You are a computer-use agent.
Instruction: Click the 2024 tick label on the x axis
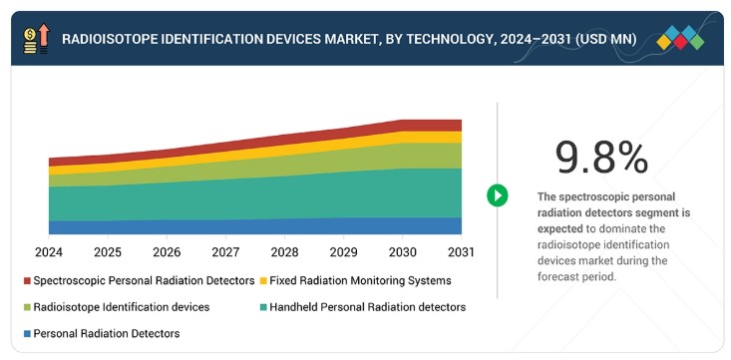click(49, 252)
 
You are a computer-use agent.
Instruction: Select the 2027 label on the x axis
click(225, 252)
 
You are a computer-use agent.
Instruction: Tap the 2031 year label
click(461, 252)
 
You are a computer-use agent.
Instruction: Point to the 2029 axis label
click(344, 252)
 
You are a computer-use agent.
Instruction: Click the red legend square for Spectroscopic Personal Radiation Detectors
click(27, 281)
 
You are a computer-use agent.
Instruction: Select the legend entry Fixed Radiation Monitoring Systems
click(356, 281)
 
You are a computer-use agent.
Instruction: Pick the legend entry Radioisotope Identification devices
click(117, 307)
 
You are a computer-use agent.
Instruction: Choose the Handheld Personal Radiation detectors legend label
click(367, 307)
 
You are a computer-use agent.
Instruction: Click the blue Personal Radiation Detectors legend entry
click(102, 334)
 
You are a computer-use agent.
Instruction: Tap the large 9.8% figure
click(602, 159)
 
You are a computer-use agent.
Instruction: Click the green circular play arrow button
click(497, 195)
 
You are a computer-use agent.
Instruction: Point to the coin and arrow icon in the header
click(36, 39)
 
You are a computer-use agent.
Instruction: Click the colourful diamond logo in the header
click(680, 38)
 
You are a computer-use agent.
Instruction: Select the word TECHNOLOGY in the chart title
click(447, 39)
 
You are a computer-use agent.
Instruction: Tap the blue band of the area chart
click(255, 226)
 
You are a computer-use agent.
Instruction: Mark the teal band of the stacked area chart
click(255, 199)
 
